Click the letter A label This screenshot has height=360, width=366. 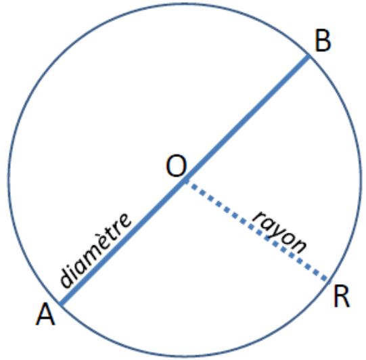(x=45, y=315)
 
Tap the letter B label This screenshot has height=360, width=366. (x=323, y=41)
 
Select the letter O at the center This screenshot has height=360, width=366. (x=177, y=166)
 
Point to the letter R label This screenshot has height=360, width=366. (x=342, y=297)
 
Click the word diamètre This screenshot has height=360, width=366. (x=95, y=250)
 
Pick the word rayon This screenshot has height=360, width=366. (x=279, y=233)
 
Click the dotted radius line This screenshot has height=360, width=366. (x=257, y=230)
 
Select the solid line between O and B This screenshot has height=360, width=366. (x=247, y=118)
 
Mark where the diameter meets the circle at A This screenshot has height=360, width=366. (x=60, y=305)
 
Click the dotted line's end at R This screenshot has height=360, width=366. (x=328, y=280)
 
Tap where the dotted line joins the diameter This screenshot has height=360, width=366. (x=185, y=181)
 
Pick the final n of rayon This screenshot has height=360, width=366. (x=299, y=246)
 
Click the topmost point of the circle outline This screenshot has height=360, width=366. (x=185, y=4)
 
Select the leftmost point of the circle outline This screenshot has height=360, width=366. (x=9, y=180)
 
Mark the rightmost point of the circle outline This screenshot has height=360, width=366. (x=360, y=180)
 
